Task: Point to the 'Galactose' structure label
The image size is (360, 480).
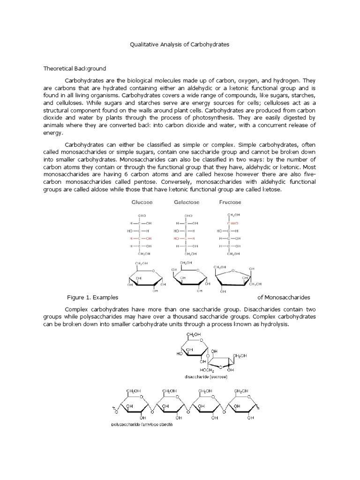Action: click(187, 202)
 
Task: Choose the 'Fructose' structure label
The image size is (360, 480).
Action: click(230, 202)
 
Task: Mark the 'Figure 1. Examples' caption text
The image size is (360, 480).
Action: click(93, 297)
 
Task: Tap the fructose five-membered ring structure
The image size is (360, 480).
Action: click(233, 279)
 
